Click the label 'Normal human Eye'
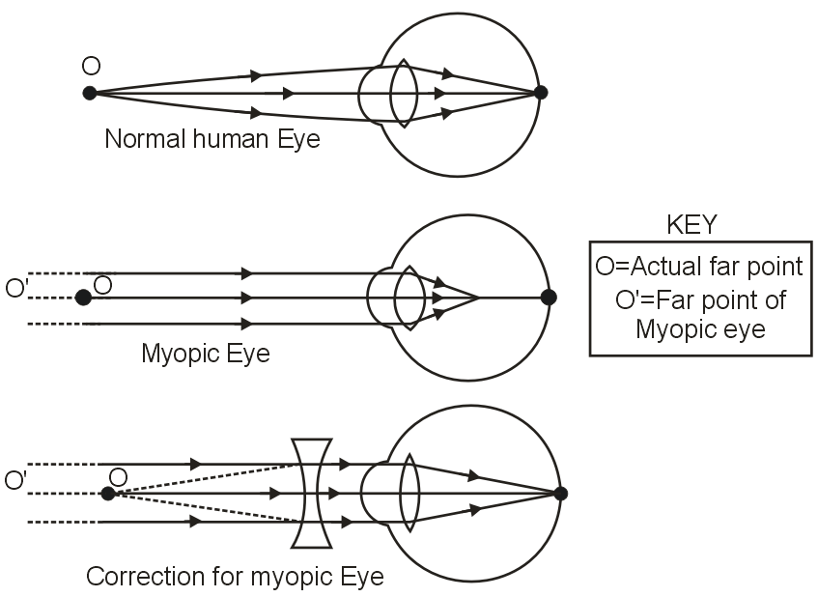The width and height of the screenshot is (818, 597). click(212, 139)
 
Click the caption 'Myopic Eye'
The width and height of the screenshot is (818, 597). click(205, 354)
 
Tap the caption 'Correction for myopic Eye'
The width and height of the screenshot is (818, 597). click(235, 578)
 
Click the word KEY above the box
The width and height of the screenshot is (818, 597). click(691, 224)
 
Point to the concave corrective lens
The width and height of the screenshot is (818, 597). click(312, 493)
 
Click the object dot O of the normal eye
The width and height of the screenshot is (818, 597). click(90, 93)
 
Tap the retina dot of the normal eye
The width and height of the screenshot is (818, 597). click(541, 93)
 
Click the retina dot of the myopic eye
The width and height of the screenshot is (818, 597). click(549, 298)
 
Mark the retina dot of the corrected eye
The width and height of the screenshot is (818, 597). click(560, 493)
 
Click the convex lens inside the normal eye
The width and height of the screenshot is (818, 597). click(404, 93)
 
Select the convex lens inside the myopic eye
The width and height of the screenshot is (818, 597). click(410, 298)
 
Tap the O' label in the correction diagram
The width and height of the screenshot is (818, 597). click(16, 480)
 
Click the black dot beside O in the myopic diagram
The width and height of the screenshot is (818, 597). click(83, 298)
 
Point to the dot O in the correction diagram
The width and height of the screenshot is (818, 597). click(108, 494)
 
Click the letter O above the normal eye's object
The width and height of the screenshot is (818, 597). click(91, 66)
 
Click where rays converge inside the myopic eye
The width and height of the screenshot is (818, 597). click(479, 298)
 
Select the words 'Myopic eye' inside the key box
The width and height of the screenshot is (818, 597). click(700, 329)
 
